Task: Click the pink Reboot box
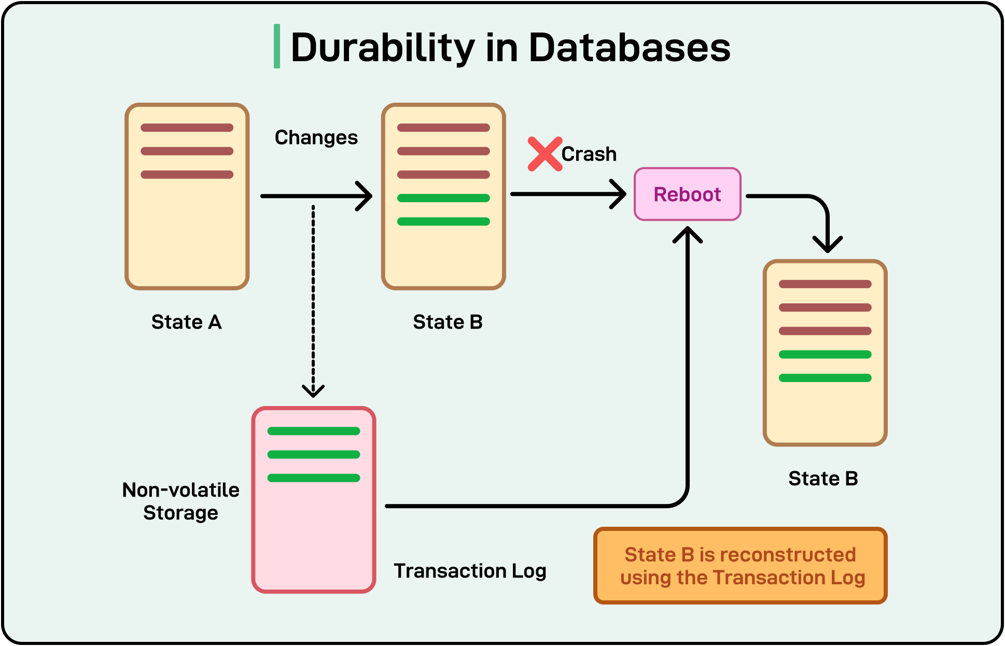(x=688, y=194)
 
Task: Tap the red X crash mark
(x=545, y=154)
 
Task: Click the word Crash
(x=589, y=154)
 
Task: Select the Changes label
(x=316, y=137)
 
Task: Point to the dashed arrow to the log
(x=313, y=301)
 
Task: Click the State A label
(x=186, y=322)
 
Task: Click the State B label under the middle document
(x=448, y=322)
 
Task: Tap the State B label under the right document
(x=823, y=478)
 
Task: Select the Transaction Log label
(x=470, y=571)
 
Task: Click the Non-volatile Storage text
(x=180, y=501)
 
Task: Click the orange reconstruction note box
(x=741, y=566)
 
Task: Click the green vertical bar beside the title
(x=277, y=46)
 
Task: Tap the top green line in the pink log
(x=314, y=431)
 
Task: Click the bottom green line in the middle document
(x=443, y=221)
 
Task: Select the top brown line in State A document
(x=187, y=128)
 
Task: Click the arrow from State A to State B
(x=316, y=196)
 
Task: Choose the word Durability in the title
(x=383, y=48)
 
